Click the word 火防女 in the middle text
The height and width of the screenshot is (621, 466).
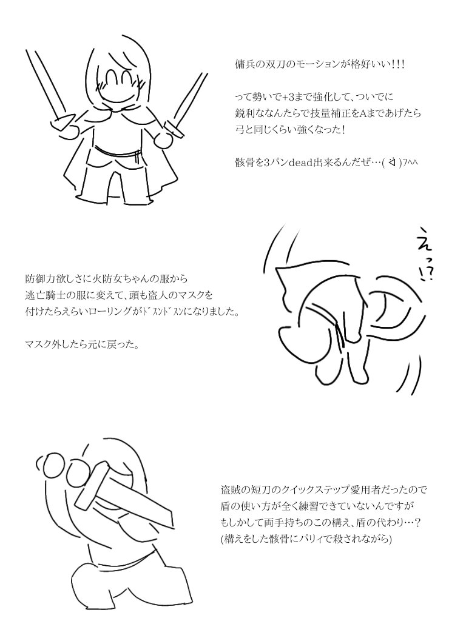click(108, 279)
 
